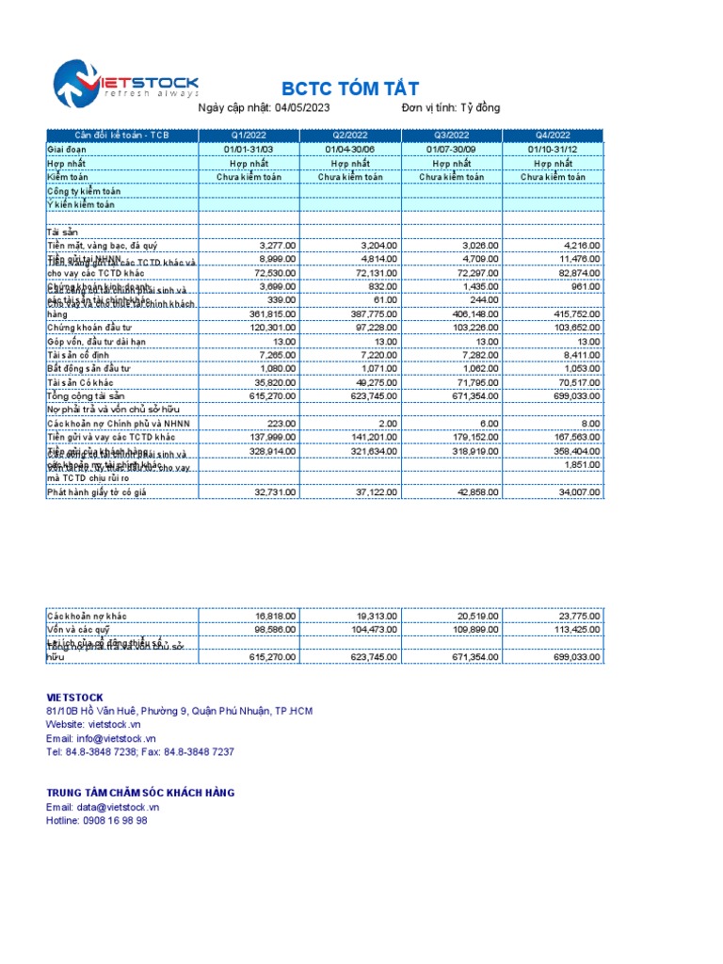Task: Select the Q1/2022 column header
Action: (x=249, y=136)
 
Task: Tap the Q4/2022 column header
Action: (x=553, y=136)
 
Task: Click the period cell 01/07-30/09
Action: (x=452, y=150)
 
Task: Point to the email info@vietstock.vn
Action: (x=116, y=739)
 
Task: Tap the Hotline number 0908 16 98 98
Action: (x=115, y=821)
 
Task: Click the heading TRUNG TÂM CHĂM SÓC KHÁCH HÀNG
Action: (x=140, y=793)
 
